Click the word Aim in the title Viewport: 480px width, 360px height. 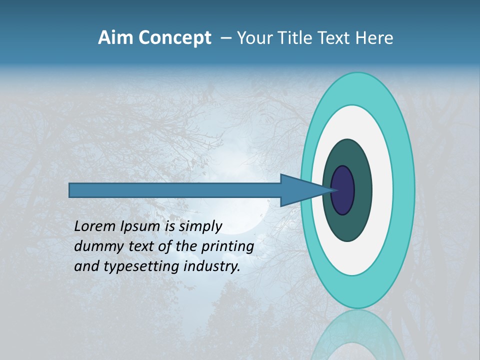coord(116,38)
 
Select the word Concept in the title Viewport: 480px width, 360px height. coord(174,38)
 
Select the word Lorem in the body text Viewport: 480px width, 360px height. coord(95,226)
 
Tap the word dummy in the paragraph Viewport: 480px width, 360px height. coord(96,246)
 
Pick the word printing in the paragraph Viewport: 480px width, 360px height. coord(227,246)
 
